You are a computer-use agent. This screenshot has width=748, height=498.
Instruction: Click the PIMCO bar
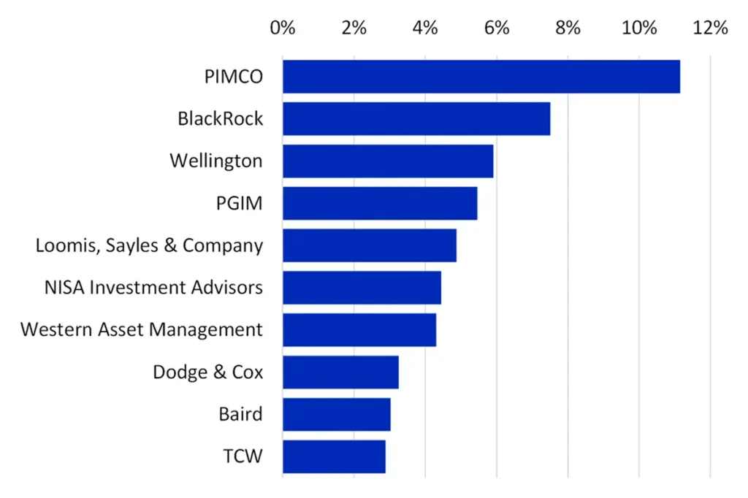click(x=481, y=77)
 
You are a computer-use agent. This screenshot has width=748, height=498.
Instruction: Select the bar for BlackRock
click(x=416, y=119)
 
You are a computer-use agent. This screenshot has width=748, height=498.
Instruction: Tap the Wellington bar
click(x=387, y=161)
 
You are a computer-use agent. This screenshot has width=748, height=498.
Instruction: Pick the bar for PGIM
click(x=379, y=203)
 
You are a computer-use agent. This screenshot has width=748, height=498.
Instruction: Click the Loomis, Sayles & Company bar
click(x=369, y=245)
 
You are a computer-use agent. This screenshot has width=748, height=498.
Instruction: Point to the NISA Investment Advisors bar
click(x=362, y=288)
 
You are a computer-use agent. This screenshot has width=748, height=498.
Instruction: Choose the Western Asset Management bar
click(x=359, y=330)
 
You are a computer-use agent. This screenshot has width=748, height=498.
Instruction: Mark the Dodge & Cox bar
click(x=340, y=372)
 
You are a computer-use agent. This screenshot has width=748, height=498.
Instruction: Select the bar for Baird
click(x=336, y=415)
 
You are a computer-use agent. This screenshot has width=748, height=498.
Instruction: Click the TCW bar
click(x=334, y=456)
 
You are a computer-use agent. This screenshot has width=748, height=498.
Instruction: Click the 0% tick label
click(x=283, y=28)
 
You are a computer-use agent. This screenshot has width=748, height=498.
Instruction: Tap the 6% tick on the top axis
click(x=497, y=28)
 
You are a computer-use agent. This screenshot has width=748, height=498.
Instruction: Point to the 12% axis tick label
click(x=710, y=28)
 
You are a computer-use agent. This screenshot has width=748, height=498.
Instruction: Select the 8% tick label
click(x=568, y=28)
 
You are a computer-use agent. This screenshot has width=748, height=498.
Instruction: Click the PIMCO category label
click(x=233, y=77)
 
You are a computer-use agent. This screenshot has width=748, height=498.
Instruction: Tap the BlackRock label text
click(x=220, y=119)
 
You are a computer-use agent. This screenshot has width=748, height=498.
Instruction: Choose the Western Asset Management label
click(x=141, y=330)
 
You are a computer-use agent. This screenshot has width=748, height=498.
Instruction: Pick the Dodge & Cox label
click(x=207, y=372)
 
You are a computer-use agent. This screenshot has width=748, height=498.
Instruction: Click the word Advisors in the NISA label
click(x=227, y=288)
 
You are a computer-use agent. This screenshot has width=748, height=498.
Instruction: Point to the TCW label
click(x=243, y=457)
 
